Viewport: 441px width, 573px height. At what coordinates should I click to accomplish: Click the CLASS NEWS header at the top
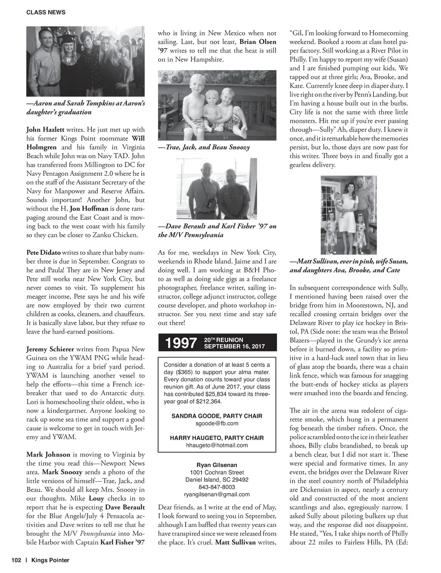pos(46,12)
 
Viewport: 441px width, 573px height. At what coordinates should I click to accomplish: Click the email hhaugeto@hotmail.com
pos(217,445)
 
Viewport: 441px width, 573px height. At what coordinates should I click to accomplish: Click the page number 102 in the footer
pos(16,560)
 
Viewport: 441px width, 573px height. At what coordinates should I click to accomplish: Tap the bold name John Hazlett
pos(45,129)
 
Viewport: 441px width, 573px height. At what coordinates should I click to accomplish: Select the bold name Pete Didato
pos(43,252)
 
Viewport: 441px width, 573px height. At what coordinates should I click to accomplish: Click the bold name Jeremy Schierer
pos(50,349)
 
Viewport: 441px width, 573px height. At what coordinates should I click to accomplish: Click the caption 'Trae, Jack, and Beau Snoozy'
pos(204,147)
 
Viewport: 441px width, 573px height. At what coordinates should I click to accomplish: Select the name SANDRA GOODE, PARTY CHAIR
pos(217,416)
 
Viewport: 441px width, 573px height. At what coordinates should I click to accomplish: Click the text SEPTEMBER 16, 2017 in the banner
pos(234,346)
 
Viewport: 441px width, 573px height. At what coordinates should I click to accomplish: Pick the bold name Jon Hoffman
pos(87,209)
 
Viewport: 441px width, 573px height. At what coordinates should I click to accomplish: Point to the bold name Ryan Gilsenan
pos(217,465)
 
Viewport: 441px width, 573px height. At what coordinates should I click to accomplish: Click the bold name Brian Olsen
pos(258,42)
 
